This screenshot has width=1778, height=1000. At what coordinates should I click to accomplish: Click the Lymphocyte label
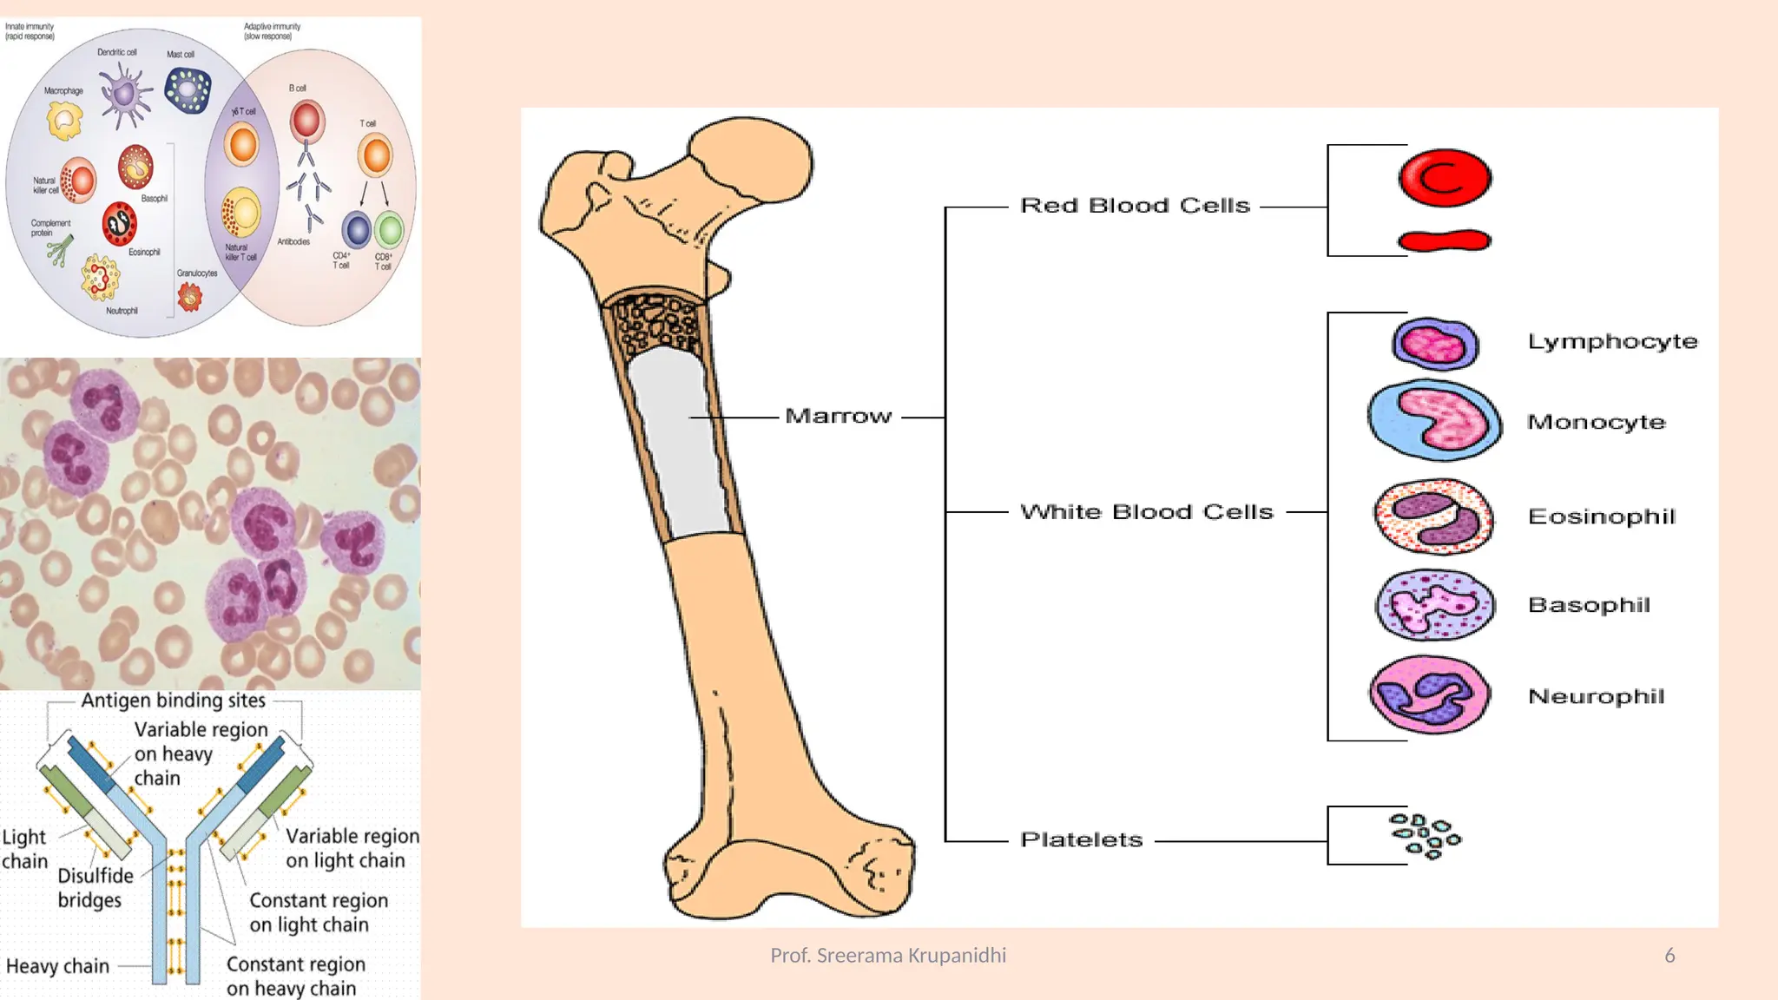tap(1612, 342)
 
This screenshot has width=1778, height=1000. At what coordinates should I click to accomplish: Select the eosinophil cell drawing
tap(1433, 517)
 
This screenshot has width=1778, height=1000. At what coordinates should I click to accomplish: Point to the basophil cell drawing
tap(1435, 605)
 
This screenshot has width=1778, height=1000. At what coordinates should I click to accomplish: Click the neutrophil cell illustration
tap(1430, 694)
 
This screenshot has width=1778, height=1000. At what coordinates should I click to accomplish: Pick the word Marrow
tap(838, 417)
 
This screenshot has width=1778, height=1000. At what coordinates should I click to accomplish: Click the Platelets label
tap(1081, 840)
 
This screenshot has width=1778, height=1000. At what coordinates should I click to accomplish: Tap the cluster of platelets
tap(1425, 835)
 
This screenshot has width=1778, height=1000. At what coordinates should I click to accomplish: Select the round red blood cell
tap(1445, 178)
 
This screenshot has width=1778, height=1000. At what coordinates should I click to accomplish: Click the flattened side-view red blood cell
tap(1445, 240)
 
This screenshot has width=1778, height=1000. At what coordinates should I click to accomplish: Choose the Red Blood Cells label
tap(1135, 206)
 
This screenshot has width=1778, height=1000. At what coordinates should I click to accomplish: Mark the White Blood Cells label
tap(1146, 512)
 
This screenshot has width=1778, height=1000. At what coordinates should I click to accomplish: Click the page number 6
tap(1669, 956)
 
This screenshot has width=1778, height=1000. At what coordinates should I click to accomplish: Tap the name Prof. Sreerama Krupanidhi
tap(888, 956)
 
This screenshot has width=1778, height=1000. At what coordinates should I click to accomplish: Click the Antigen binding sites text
tap(174, 701)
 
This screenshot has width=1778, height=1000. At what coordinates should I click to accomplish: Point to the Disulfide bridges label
tap(95, 887)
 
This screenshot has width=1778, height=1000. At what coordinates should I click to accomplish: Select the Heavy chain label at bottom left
tap(57, 966)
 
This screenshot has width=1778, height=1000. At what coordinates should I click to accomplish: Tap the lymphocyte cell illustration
tap(1435, 344)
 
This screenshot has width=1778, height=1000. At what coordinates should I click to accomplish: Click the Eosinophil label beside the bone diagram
tap(1602, 516)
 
